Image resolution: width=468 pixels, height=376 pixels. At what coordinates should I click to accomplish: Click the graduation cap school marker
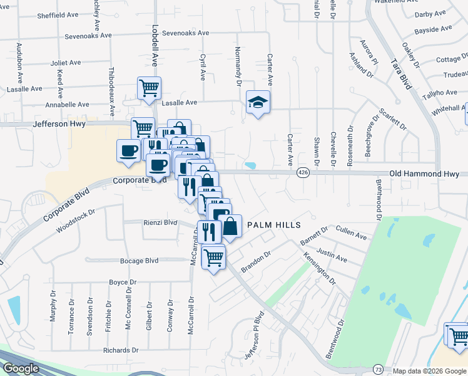click(x=257, y=102)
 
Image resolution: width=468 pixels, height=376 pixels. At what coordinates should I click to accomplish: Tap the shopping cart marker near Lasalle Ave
click(x=149, y=88)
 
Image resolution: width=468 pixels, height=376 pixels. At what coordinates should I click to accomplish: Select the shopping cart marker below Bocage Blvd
click(x=214, y=257)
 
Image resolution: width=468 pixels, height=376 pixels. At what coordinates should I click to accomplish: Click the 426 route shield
click(x=303, y=172)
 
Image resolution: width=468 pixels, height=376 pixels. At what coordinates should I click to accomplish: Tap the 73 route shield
click(x=377, y=370)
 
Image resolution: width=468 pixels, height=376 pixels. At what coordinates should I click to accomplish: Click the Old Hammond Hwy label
click(x=424, y=172)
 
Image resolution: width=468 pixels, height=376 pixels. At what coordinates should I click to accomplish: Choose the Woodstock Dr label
click(x=75, y=221)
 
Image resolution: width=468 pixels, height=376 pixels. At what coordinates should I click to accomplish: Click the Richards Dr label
click(x=121, y=350)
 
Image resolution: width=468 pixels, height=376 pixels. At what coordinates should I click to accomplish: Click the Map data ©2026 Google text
click(x=429, y=371)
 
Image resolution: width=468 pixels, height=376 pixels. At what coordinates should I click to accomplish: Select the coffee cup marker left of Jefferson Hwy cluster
click(x=129, y=150)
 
